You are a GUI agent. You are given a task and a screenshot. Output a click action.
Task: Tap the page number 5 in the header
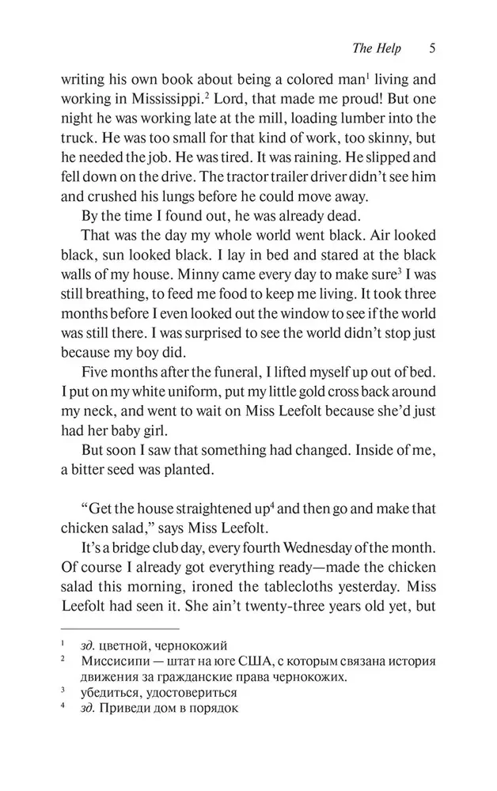tap(431, 49)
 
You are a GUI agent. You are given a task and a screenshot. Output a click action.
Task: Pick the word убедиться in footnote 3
tap(110, 692)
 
